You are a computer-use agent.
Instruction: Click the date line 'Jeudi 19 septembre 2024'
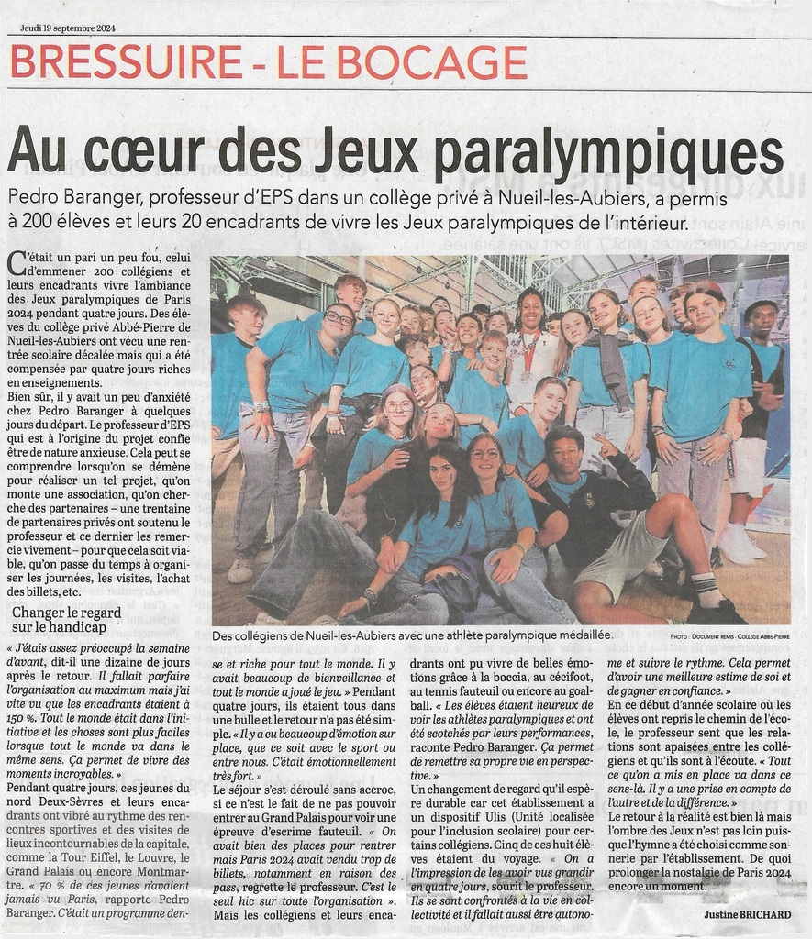(68, 28)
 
